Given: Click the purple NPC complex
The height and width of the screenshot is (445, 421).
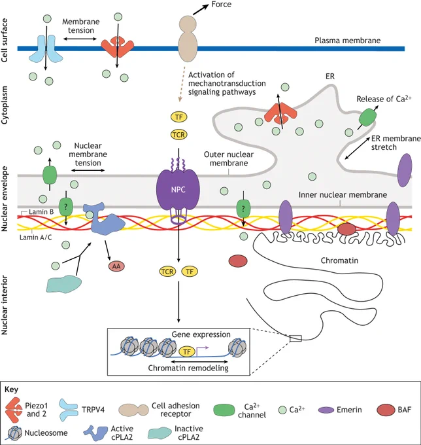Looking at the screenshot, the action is tap(178, 190).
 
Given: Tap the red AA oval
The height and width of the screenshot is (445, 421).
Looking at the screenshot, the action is tap(116, 266).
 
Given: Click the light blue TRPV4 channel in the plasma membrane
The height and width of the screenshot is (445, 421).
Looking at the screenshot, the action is tap(46, 48).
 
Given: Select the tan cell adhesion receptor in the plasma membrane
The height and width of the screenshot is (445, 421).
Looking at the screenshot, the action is tap(188, 39).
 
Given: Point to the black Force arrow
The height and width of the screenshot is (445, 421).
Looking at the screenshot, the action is tap(201, 9).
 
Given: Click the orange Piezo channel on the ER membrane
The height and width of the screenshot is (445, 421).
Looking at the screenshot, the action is tap(280, 114).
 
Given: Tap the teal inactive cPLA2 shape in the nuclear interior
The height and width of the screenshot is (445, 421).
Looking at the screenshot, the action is tap(64, 284).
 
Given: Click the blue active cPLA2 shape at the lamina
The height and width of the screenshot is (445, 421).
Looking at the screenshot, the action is tap(103, 219).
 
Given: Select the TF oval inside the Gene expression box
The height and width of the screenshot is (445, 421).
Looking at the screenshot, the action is tap(187, 352).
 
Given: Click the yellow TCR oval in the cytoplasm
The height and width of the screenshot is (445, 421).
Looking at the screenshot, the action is tap(179, 134).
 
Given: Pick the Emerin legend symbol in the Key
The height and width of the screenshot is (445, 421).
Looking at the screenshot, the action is tap(326, 410).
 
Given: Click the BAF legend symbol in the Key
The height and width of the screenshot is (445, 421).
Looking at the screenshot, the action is tap(386, 410).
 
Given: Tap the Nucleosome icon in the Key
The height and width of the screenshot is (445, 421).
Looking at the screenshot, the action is tap(14, 433).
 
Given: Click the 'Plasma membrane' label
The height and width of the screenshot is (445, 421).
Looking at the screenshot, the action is tap(348, 41).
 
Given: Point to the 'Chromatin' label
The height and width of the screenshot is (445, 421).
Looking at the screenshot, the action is tap(339, 260).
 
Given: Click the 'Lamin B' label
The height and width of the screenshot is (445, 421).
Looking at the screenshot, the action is tap(41, 212).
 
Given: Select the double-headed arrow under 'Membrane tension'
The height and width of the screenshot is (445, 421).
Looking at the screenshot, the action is tap(80, 39).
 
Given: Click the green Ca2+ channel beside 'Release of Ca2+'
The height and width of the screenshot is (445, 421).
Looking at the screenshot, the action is tap(368, 116).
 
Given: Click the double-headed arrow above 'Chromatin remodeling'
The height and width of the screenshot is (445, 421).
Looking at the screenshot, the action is tap(199, 362).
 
